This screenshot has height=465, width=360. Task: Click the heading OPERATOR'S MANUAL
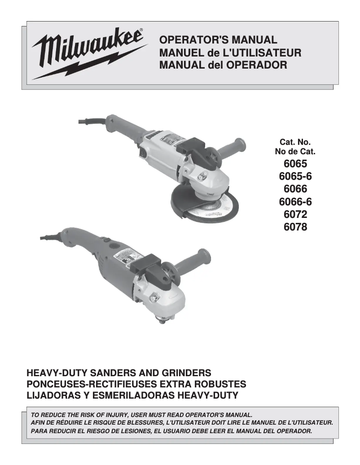pos(219,41)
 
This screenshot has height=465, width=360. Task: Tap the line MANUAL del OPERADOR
pos(223,65)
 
